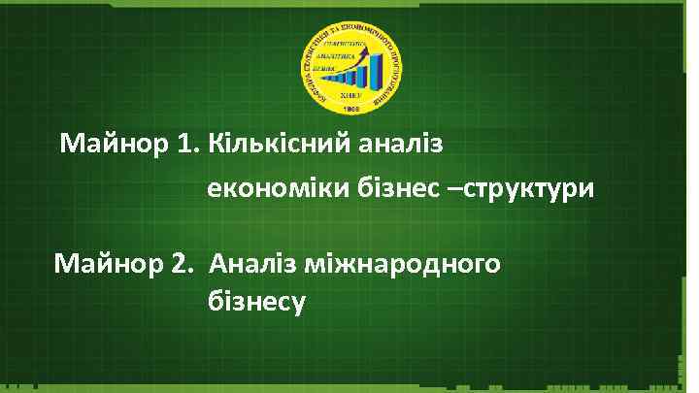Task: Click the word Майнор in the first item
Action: [x=115, y=146]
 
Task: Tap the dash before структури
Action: [x=454, y=188]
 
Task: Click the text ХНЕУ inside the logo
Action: [x=349, y=95]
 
